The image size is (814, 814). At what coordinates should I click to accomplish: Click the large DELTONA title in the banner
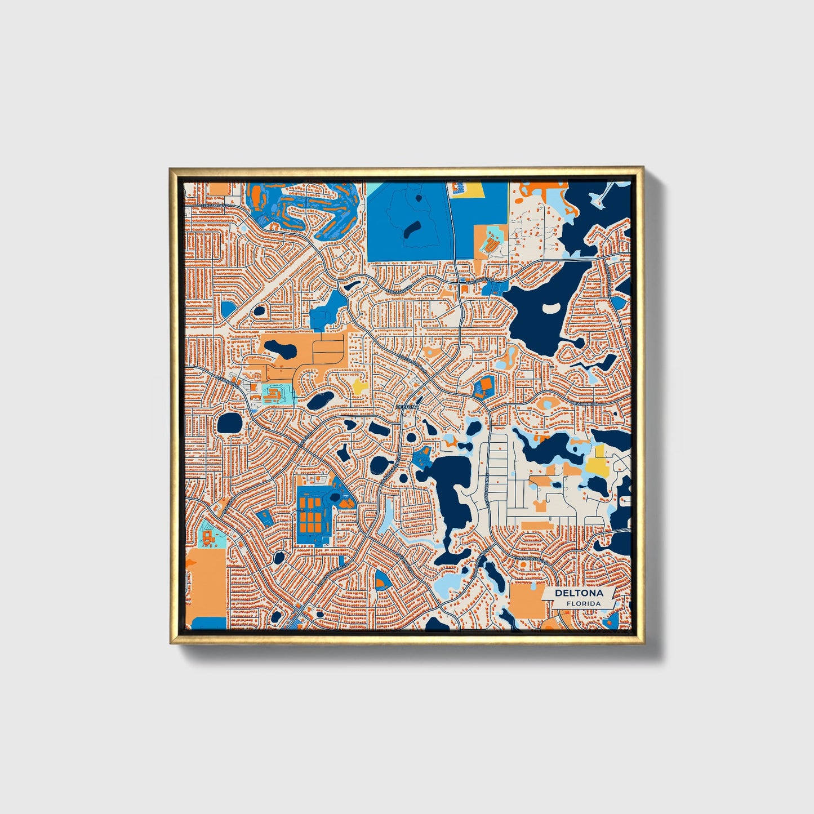point(579,593)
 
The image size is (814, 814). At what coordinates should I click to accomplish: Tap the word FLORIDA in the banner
point(584,604)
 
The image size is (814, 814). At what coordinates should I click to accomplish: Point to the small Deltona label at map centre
point(407,406)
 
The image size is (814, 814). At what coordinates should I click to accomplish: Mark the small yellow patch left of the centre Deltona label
point(359,387)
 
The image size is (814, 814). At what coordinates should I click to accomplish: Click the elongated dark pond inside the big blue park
point(413,228)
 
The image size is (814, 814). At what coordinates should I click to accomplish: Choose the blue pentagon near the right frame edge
point(618,302)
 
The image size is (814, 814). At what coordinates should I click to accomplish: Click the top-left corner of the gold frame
point(171,168)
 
